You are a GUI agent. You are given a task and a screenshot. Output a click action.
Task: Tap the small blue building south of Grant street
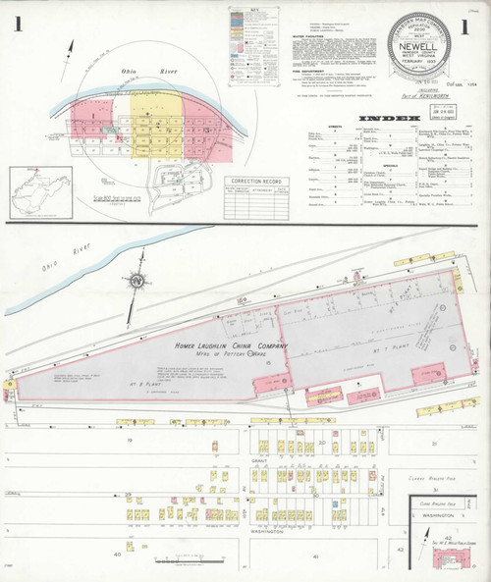[x=334, y=504]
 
